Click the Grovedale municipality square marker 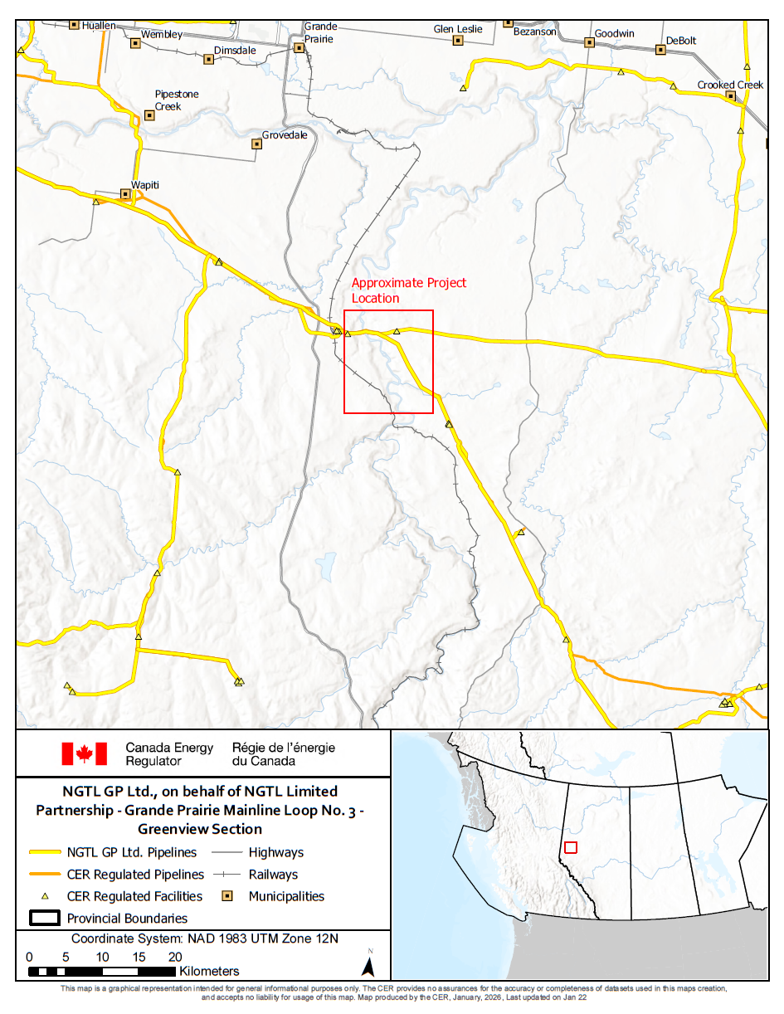(x=256, y=144)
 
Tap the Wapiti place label (x=146, y=185)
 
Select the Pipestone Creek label (x=176, y=100)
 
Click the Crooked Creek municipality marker (x=731, y=96)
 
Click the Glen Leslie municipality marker (x=457, y=40)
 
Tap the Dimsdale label (x=235, y=50)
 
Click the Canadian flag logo (x=84, y=753)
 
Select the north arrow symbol (x=370, y=964)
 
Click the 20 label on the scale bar (x=175, y=957)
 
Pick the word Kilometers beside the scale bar (x=209, y=971)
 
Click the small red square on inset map (x=570, y=847)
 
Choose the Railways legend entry (x=273, y=874)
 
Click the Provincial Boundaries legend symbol (x=46, y=918)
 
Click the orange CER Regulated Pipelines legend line (x=46, y=874)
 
